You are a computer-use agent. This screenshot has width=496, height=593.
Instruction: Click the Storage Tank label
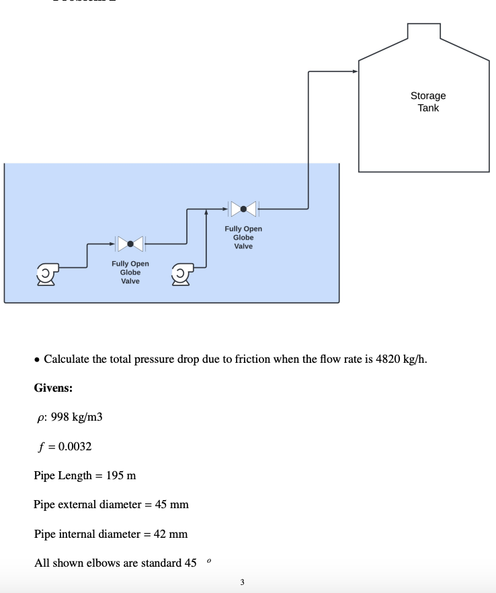tap(428, 102)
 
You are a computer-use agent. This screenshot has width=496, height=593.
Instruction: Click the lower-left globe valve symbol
tap(130, 242)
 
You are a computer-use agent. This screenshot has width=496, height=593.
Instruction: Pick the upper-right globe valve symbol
tap(243, 209)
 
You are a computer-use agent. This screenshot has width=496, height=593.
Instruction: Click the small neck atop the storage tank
tap(423, 32)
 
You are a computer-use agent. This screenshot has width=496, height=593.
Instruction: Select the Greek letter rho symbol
tap(40, 418)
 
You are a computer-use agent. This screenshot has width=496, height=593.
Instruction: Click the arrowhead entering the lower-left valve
tap(112, 242)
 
